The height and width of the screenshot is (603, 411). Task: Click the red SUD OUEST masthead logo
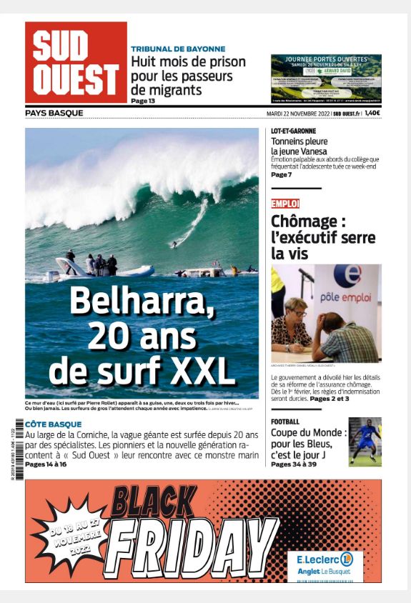tap(76, 63)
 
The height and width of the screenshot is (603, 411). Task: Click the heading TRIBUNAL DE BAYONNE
tap(178, 49)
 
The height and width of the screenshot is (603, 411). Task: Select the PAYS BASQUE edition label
tap(54, 113)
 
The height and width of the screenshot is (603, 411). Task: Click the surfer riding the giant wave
tap(174, 245)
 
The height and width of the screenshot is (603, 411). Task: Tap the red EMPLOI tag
tap(285, 204)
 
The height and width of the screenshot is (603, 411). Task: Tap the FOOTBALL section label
tap(285, 422)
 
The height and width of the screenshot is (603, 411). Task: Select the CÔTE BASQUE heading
tap(54, 424)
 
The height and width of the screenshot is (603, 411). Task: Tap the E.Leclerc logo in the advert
tap(325, 560)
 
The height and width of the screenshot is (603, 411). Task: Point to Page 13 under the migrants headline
tap(143, 101)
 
